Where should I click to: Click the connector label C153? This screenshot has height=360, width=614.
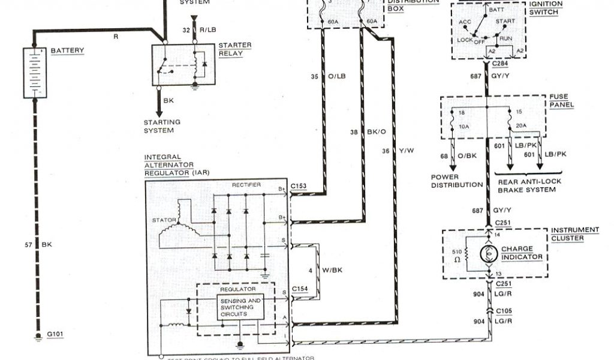pos(300,187)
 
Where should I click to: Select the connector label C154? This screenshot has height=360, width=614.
pos(300,289)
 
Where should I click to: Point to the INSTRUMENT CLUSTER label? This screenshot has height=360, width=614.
pos(576,234)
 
